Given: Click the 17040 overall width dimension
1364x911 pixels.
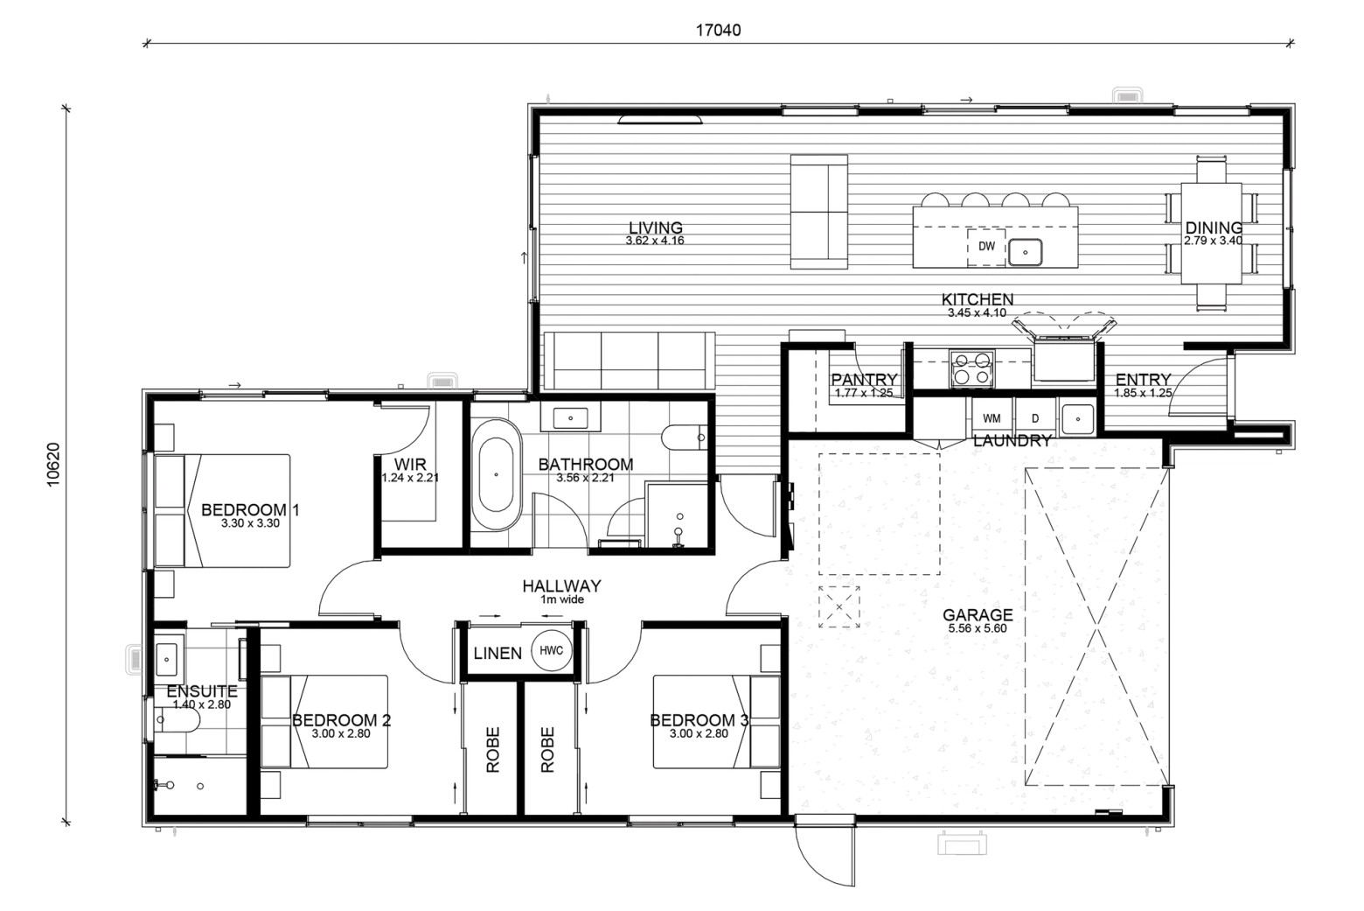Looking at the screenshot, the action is [719, 31].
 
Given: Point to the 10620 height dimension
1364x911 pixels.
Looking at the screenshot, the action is [53, 465].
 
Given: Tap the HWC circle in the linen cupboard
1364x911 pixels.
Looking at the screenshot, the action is [551, 650].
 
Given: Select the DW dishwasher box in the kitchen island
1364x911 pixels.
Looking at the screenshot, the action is [986, 247].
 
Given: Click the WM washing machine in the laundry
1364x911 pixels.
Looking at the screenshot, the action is [992, 418].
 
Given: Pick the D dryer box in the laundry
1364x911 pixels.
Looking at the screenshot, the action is [1035, 418].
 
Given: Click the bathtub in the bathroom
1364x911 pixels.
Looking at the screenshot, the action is [496, 474].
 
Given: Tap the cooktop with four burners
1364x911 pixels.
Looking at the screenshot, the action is [972, 368].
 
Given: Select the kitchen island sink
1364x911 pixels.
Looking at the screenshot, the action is [1026, 252].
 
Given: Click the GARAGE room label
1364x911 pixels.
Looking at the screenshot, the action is [978, 615].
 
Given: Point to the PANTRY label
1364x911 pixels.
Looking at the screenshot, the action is [864, 380].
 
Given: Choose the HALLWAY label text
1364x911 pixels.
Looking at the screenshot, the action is [561, 585].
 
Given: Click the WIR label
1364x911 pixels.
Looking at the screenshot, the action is [410, 465].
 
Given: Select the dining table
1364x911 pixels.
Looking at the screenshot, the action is [1211, 234].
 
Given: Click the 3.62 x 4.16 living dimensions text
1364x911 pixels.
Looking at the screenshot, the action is [655, 241].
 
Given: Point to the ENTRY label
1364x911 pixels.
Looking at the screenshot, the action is [1143, 380].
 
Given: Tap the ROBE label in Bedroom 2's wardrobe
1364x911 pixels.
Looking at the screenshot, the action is [492, 749].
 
